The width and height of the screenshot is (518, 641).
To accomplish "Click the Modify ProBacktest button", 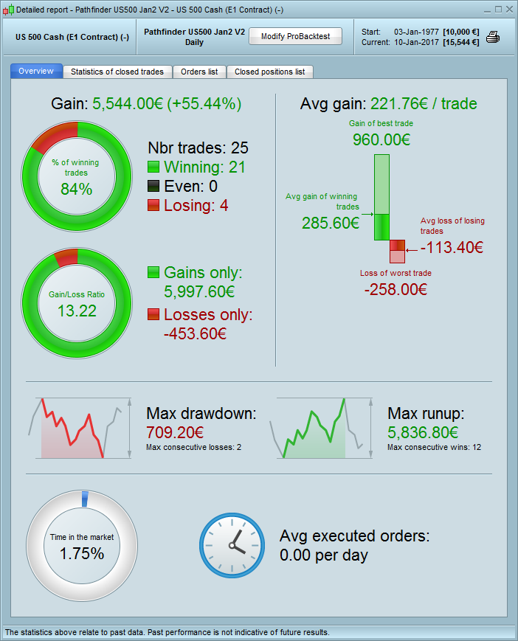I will pos(295,36).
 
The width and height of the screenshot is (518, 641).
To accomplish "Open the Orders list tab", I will pos(199,72).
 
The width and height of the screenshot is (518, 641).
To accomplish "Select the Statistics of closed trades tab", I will pos(118,72).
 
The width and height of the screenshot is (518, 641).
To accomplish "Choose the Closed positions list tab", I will pos(269,72).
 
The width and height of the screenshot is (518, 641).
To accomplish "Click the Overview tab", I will pos(36,71).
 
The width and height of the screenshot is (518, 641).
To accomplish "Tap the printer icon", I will pos(493,37).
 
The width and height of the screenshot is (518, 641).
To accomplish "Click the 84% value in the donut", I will pos(77,189).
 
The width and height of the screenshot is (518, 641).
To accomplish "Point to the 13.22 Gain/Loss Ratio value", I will pos(77,311).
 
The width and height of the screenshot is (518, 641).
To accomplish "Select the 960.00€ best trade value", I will pos(381,140).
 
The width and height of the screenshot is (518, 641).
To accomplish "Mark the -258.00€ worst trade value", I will pos(396,289).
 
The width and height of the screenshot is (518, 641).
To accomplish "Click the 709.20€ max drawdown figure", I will pos(175,432).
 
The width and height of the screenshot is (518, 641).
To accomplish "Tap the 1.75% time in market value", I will pos(82,553).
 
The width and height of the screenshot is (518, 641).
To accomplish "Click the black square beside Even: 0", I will pos(153,187).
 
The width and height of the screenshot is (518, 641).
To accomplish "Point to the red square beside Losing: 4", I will pos(153,206).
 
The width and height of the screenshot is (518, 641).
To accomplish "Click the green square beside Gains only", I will pos(153,273).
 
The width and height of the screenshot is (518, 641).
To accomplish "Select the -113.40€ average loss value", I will pos(452,247).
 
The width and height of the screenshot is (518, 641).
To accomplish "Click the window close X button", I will pos(508,10).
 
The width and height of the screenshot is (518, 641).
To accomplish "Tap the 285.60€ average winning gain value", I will pos(331,223).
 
